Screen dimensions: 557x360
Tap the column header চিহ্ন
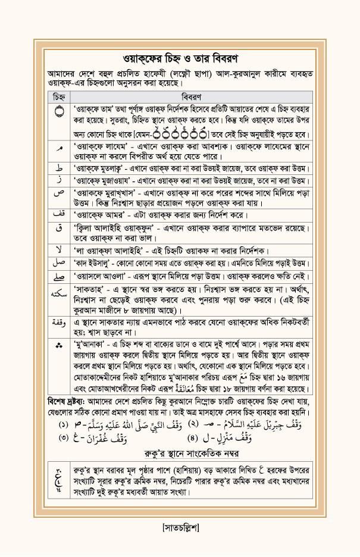[59, 96]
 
